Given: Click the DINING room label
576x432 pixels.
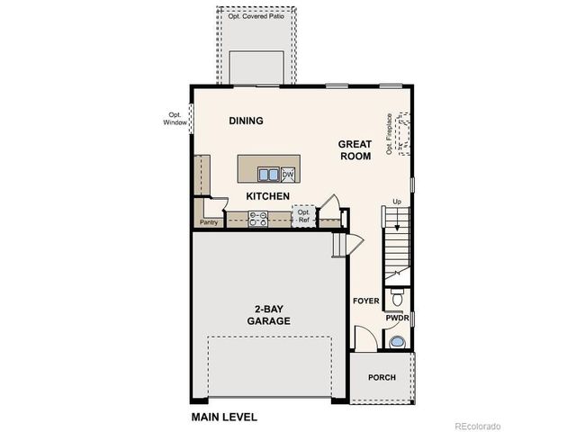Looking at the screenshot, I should (x=245, y=121).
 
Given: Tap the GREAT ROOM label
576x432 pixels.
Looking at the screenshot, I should (x=355, y=149).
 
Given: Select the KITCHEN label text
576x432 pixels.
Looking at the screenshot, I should (x=267, y=196).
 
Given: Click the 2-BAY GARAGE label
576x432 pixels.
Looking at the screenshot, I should (x=269, y=313).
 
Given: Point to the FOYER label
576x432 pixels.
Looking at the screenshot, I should (x=365, y=301).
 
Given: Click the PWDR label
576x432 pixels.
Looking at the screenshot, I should (x=397, y=318).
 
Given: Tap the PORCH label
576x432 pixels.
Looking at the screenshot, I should (x=382, y=377).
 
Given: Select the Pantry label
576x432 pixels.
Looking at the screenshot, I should (x=209, y=221).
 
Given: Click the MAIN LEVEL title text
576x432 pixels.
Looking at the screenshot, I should (x=224, y=417).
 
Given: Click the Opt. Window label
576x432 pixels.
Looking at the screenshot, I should (x=174, y=119).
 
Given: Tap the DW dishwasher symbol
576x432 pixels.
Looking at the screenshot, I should (x=288, y=175).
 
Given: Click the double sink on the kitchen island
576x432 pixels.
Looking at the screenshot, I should (x=267, y=175).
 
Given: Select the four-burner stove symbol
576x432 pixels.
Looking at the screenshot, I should (x=258, y=217).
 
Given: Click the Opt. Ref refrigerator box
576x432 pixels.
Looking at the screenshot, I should (x=303, y=216).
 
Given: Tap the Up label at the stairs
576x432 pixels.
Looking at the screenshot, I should (x=397, y=202).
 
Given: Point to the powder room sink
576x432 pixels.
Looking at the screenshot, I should (x=397, y=341).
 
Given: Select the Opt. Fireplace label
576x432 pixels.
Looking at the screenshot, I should (x=389, y=133).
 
